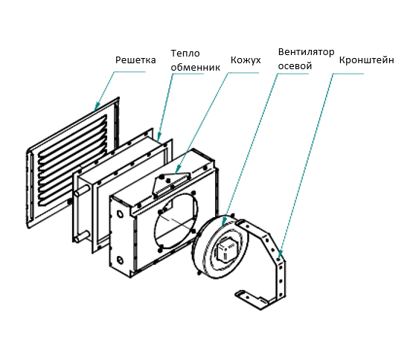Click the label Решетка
point(135,60)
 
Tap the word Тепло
point(185,54)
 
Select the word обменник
point(195,67)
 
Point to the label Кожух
point(246,60)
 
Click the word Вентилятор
point(306,51)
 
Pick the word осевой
point(295,65)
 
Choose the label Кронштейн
point(366,60)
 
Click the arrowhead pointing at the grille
point(97,107)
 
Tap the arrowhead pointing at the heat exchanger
point(159,138)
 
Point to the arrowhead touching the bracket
point(280,255)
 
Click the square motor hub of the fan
point(227,251)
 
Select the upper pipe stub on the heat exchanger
point(81,190)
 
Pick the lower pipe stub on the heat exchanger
point(81,236)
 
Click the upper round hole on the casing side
point(120,213)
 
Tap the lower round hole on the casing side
point(120,260)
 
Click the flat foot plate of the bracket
point(251,300)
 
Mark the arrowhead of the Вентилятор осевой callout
point(223,222)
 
